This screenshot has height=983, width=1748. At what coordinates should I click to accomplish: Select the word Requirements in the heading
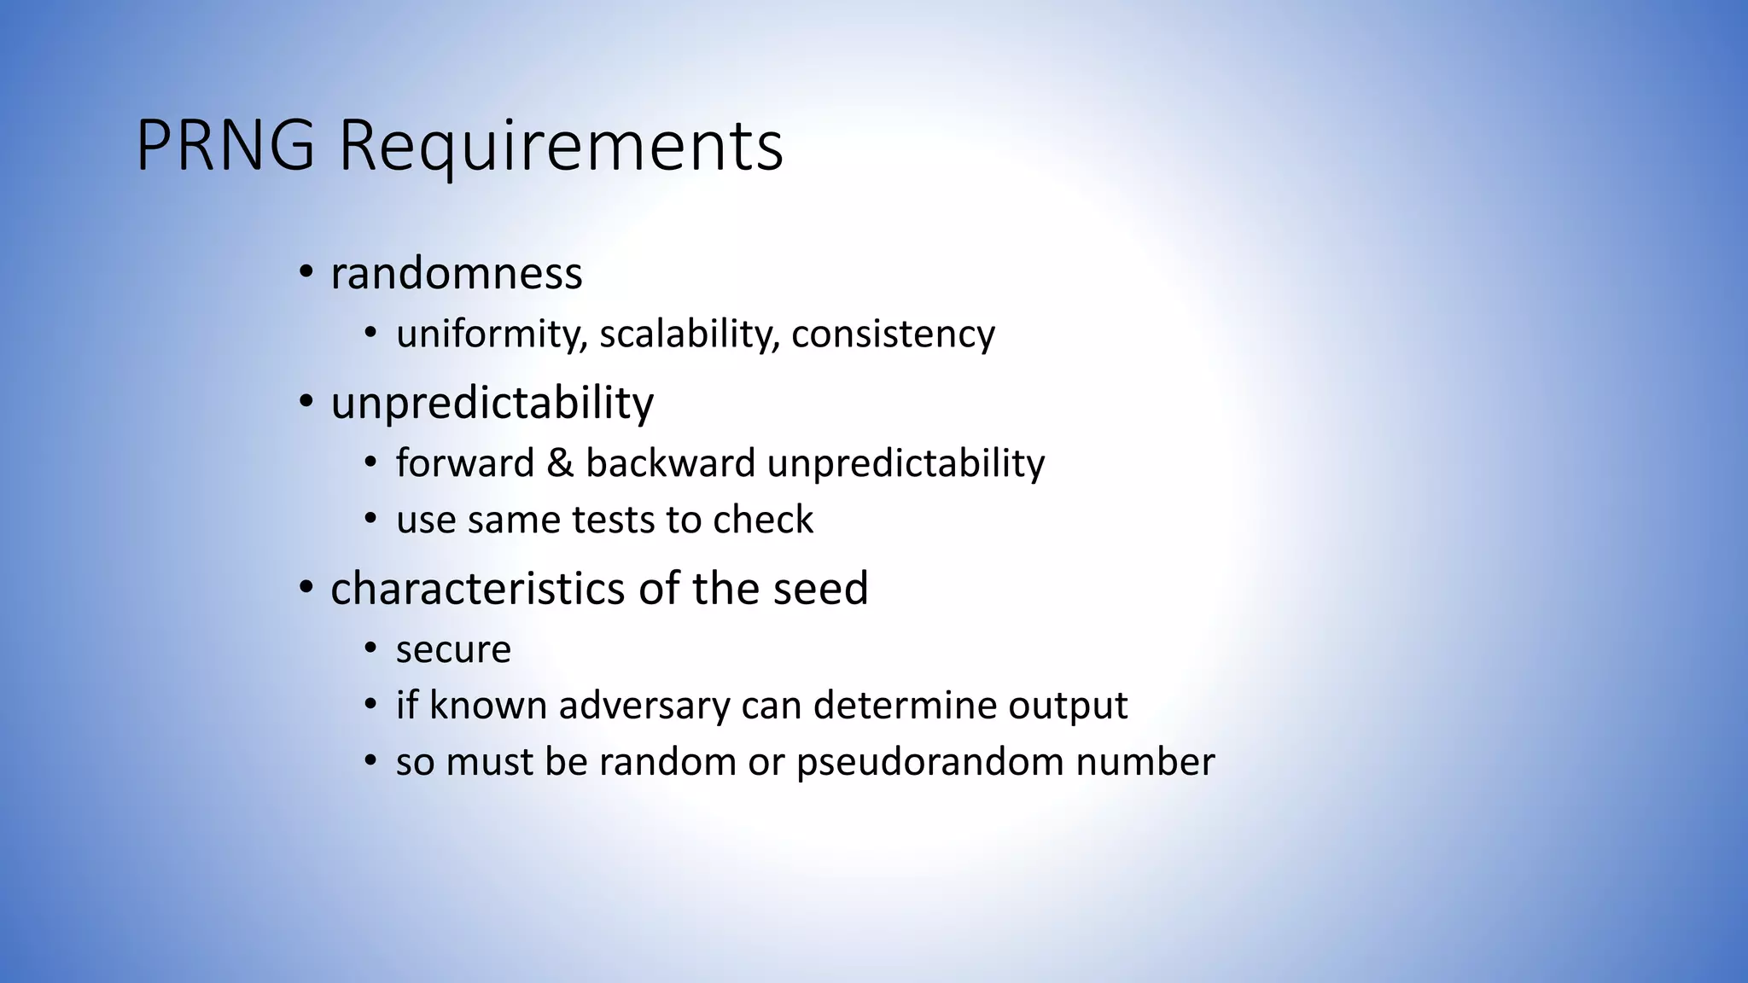[x=561, y=146]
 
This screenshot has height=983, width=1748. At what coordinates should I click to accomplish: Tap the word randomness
[x=457, y=274]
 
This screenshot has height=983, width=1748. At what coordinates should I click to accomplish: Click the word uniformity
[x=492, y=334]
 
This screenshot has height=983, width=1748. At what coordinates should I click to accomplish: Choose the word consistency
[x=893, y=334]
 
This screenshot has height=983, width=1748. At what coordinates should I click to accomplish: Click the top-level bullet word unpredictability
[x=492, y=403]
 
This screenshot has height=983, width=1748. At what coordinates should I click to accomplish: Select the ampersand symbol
[x=560, y=463]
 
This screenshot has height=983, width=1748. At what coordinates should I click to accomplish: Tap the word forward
[x=464, y=463]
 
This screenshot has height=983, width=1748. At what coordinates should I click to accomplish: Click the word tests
[x=614, y=520]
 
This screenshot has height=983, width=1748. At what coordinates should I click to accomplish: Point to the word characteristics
[x=478, y=588]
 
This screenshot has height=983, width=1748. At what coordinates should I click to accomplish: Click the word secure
[x=453, y=650]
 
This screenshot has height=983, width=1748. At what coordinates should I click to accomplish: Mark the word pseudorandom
[x=929, y=762]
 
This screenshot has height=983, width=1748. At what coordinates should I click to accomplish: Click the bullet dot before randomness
[x=305, y=273]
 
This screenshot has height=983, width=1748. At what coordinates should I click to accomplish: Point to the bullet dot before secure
[x=370, y=649]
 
